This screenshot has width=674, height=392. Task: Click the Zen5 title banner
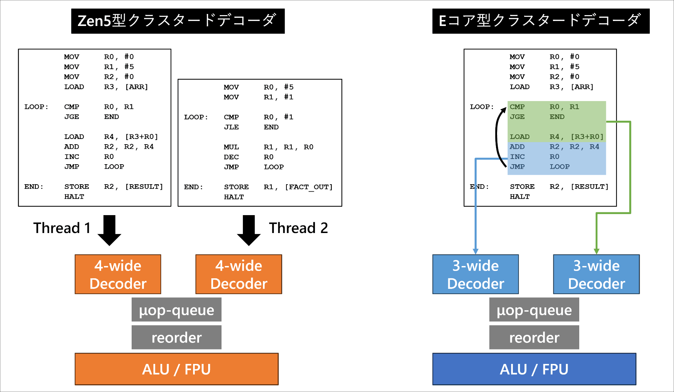click(178, 21)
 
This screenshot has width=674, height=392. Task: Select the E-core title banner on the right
click(541, 21)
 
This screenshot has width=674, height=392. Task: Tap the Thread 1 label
click(62, 228)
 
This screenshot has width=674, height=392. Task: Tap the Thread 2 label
click(298, 228)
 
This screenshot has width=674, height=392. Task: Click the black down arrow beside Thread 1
click(110, 230)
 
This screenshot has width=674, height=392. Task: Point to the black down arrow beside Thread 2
click(249, 230)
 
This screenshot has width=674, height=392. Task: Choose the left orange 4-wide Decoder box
click(118, 274)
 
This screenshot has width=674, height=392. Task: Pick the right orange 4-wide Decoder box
click(239, 274)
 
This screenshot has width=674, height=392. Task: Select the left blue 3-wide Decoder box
click(476, 274)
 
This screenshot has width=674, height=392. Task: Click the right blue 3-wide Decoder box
click(596, 274)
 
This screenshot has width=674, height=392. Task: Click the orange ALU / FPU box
click(177, 369)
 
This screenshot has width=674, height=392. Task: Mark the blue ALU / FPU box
click(534, 369)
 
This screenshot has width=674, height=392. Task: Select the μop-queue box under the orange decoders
click(177, 310)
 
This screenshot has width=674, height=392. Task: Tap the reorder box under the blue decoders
click(534, 338)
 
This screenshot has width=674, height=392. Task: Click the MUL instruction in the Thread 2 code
click(231, 147)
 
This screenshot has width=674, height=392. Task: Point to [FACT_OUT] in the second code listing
click(309, 187)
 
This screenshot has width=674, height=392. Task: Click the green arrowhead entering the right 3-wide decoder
click(596, 251)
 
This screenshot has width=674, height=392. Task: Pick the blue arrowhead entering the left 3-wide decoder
click(476, 251)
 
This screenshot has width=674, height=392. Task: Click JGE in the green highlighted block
click(517, 117)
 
